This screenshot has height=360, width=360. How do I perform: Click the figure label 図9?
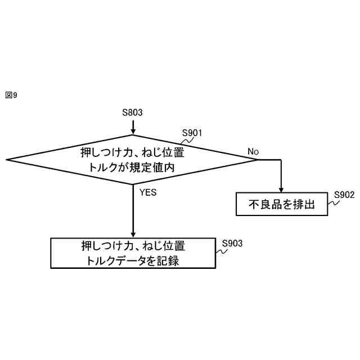11,96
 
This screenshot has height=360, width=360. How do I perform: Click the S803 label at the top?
132,112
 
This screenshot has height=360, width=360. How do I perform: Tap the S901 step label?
192,133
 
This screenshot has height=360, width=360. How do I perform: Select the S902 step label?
344,195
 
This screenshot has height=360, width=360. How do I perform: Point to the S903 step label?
232,244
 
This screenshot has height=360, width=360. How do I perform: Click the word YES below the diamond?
148,192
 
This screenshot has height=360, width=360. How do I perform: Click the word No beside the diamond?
253,152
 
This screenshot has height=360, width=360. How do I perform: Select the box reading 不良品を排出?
281,205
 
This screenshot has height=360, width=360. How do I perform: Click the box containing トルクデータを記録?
133,253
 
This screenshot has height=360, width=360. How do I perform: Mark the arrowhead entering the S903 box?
133,235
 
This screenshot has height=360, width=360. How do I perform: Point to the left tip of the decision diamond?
7,160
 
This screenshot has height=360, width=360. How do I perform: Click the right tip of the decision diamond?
258,160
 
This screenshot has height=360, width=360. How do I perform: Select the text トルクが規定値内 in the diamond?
133,167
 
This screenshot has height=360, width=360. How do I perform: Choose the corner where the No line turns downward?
281,160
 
